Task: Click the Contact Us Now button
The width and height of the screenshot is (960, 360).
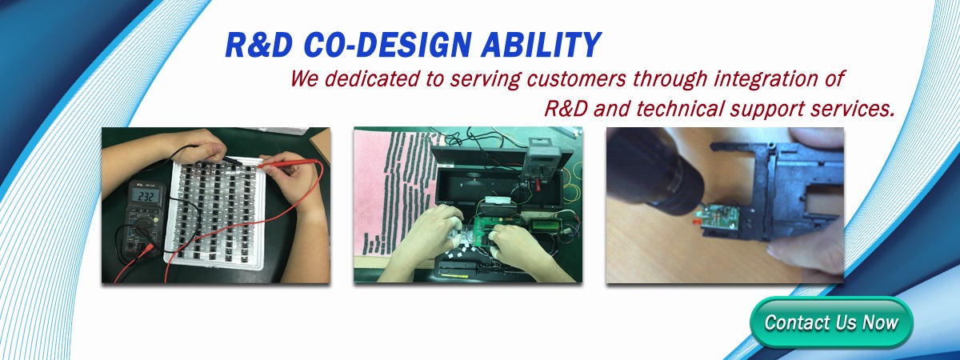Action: pyautogui.click(x=831, y=322)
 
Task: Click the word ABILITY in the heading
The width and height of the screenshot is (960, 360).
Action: pyautogui.click(x=541, y=45)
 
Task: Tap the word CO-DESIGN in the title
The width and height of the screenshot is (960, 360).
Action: pyautogui.click(x=385, y=45)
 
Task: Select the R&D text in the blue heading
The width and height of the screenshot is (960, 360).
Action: pyautogui.click(x=258, y=45)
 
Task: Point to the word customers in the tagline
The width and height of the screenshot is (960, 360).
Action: pyautogui.click(x=577, y=79)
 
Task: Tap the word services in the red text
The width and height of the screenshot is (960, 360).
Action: pyautogui.click(x=851, y=109)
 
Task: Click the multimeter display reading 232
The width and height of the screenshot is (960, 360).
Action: pyautogui.click(x=146, y=196)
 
